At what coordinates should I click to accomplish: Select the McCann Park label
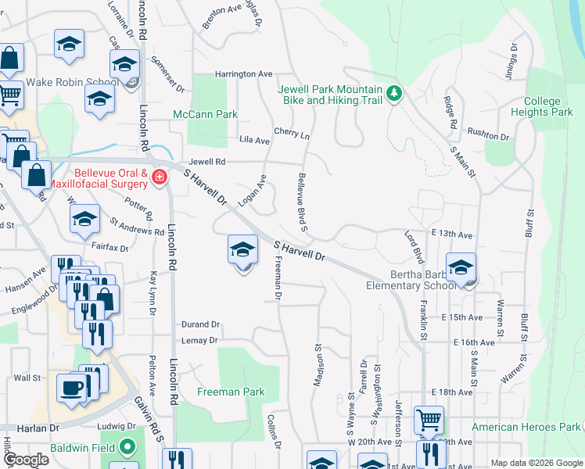(205, 114)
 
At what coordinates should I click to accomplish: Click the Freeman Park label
(231, 392)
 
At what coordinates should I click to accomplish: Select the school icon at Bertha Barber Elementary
(461, 267)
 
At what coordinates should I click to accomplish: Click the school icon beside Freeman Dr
(242, 250)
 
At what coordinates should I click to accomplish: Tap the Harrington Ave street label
(244, 74)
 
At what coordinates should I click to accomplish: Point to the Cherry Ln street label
(292, 134)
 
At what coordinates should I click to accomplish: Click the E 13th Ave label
(451, 234)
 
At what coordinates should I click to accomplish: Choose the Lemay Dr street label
(199, 341)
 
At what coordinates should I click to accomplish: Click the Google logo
(26, 460)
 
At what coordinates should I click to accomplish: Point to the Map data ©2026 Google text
(536, 463)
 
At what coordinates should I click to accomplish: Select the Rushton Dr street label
(488, 136)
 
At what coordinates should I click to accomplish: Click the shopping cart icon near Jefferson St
(429, 420)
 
